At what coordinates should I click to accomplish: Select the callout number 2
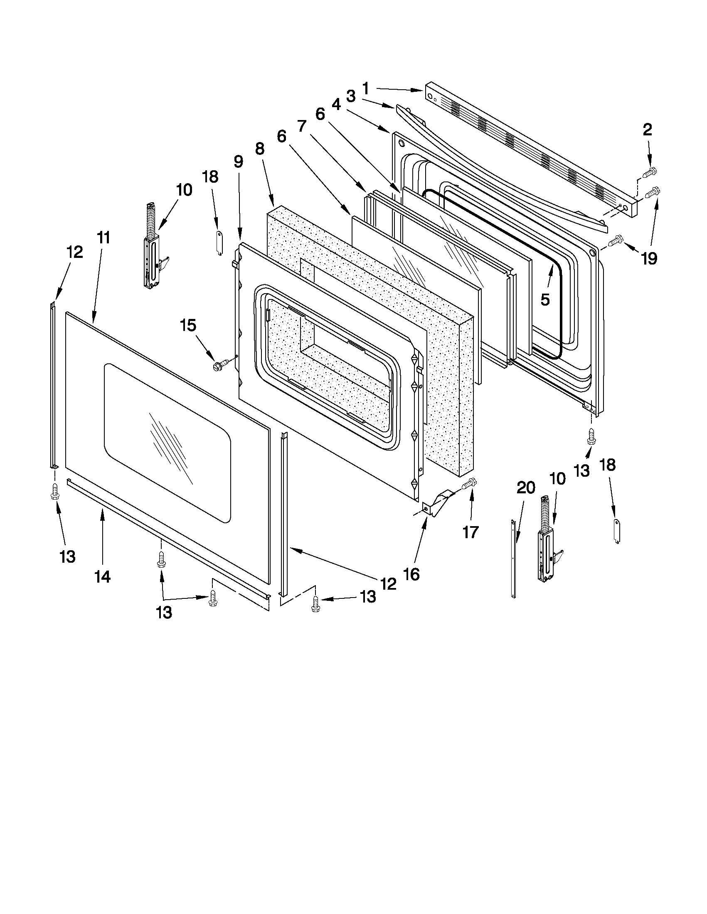click(647, 130)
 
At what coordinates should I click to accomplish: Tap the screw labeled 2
click(650, 171)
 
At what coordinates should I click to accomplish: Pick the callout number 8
click(260, 149)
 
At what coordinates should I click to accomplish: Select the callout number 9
click(238, 161)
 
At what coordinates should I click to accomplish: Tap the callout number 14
click(102, 577)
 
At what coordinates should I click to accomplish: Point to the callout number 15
click(188, 325)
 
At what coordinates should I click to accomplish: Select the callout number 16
click(412, 575)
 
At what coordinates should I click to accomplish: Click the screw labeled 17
click(470, 485)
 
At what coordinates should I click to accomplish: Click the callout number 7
click(302, 125)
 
